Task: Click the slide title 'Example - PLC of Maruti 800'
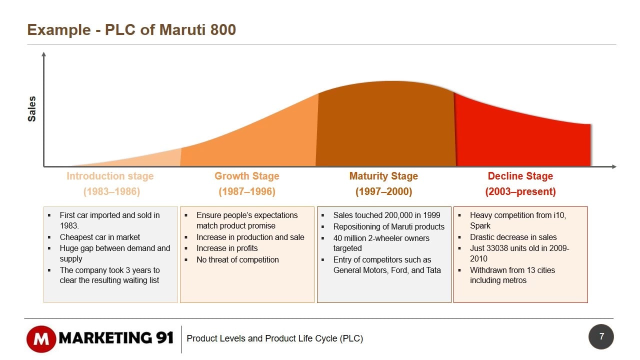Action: tap(131, 30)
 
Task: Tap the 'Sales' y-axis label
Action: tap(32, 109)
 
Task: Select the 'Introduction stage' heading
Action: tap(110, 176)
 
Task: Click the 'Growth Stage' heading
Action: tap(247, 176)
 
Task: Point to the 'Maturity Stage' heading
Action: tap(383, 176)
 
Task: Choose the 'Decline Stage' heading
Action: tap(520, 176)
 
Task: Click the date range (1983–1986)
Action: tap(111, 191)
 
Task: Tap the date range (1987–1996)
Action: tap(247, 191)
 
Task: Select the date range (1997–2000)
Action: tap(383, 191)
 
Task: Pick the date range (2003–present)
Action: tap(520, 191)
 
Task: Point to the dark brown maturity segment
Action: tap(385, 125)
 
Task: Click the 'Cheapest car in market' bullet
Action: tap(100, 237)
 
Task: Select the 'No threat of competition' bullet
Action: tap(237, 259)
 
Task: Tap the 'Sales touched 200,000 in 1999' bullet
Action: tap(386, 215)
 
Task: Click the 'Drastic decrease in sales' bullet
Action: tap(513, 237)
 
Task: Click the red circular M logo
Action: tap(41, 338)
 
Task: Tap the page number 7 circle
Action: tap(601, 336)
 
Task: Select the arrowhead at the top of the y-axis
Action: tap(44, 54)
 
